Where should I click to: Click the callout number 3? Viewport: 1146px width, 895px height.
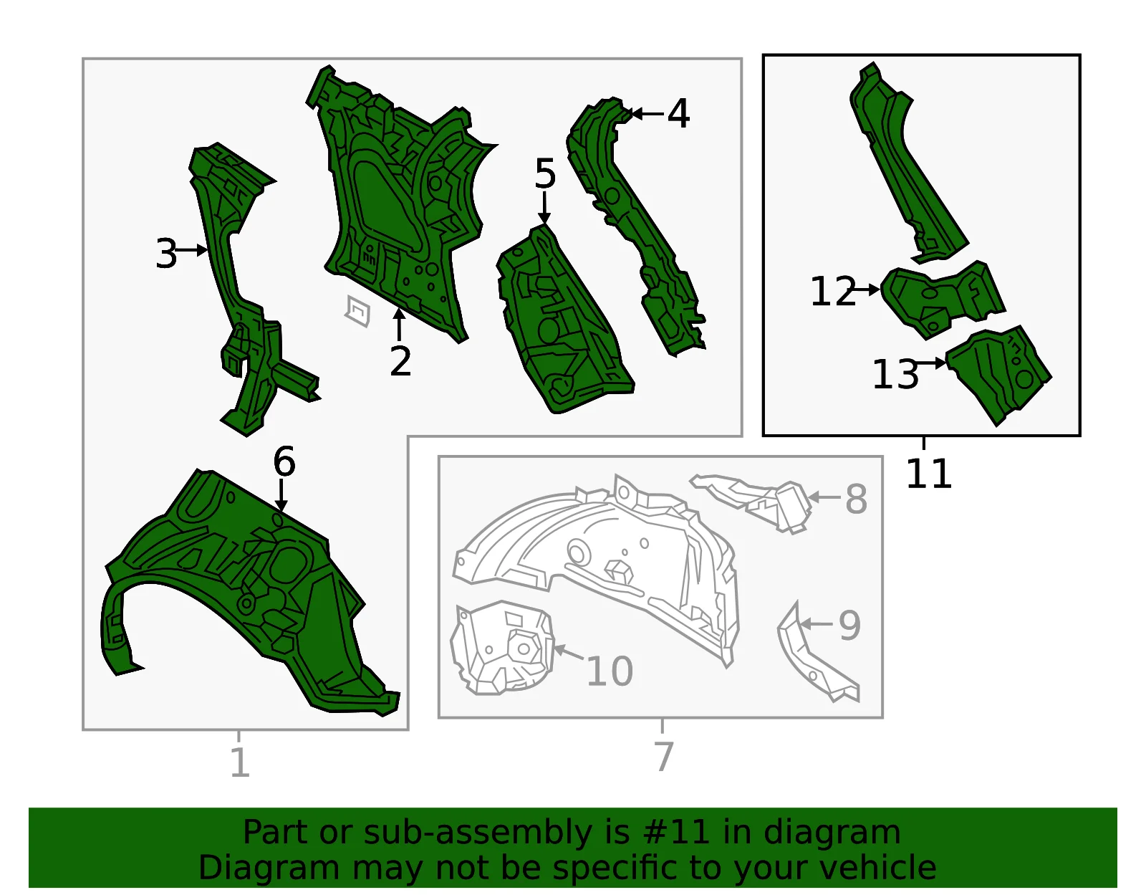pyautogui.click(x=167, y=254)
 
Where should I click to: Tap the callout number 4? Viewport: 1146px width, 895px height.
pyautogui.click(x=679, y=113)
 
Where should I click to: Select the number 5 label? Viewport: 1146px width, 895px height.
pyautogui.click(x=545, y=173)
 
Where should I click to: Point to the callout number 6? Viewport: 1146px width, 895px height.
pyautogui.click(x=284, y=461)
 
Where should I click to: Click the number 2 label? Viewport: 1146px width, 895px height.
pyautogui.click(x=400, y=361)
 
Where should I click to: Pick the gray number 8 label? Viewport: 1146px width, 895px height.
pyautogui.click(x=856, y=499)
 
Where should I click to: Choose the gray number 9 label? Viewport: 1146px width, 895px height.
pyautogui.click(x=849, y=626)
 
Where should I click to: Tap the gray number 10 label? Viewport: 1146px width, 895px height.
pyautogui.click(x=610, y=671)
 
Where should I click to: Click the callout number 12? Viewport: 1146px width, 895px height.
pyautogui.click(x=833, y=291)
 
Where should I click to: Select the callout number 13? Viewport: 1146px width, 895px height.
pyautogui.click(x=895, y=375)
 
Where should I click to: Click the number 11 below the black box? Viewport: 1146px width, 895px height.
pyautogui.click(x=929, y=474)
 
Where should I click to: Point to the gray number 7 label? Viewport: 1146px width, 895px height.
pyautogui.click(x=664, y=756)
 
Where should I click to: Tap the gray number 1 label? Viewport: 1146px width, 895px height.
pyautogui.click(x=241, y=762)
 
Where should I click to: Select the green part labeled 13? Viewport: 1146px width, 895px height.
pyautogui.click(x=998, y=375)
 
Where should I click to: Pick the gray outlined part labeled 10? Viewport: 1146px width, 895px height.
pyautogui.click(x=502, y=648)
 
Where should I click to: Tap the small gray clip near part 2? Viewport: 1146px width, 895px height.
pyautogui.click(x=358, y=311)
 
